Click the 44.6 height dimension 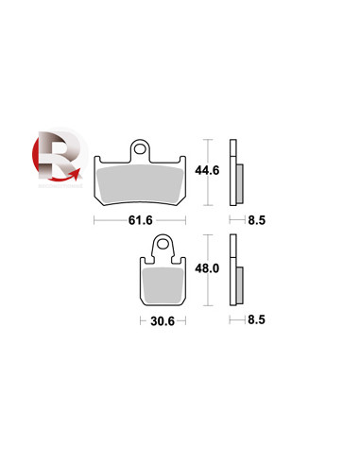(x=207, y=170)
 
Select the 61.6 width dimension (x=141, y=220)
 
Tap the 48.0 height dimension (x=207, y=268)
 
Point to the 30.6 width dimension (x=163, y=321)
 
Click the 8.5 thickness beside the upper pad (x=257, y=220)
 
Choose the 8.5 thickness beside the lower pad (x=257, y=319)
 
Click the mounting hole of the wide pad (x=140, y=149)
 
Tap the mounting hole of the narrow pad (x=163, y=244)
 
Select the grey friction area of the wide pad (x=140, y=185)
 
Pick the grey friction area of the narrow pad (x=163, y=284)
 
